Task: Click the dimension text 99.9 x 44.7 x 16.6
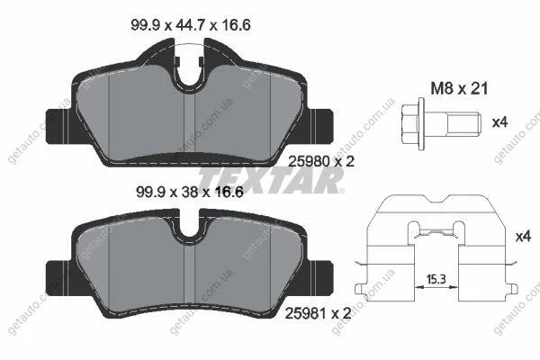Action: [x=191, y=25]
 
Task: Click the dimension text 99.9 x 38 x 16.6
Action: [x=190, y=192]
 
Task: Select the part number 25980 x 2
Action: [x=321, y=161]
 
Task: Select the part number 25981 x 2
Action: [x=319, y=313]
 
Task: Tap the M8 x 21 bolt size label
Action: [x=459, y=89]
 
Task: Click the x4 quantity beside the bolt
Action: [x=499, y=122]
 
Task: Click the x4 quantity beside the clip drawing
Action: [x=523, y=237]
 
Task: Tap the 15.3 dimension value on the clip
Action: [x=436, y=279]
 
